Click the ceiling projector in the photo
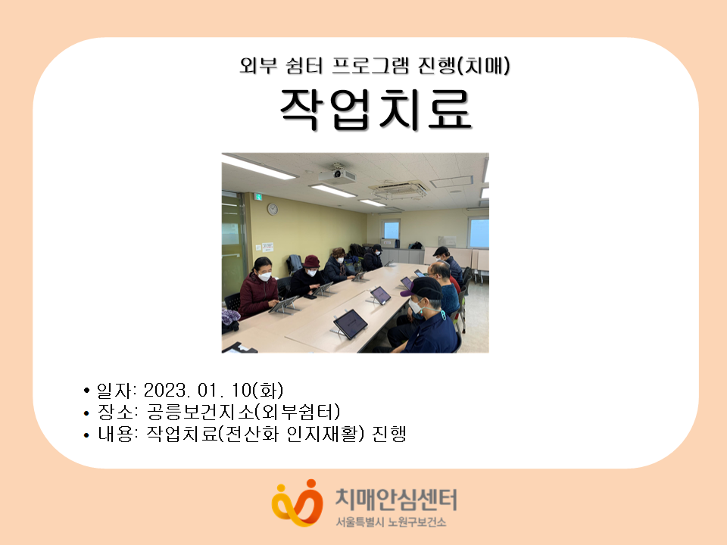click(x=337, y=173)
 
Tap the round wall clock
click(x=273, y=210)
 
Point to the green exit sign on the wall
click(x=257, y=197)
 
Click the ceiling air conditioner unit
click(x=399, y=188)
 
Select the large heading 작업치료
click(x=376, y=109)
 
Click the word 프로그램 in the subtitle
click(x=371, y=65)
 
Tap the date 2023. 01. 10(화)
click(x=214, y=391)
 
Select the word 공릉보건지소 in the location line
click(x=201, y=412)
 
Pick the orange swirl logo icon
click(x=297, y=503)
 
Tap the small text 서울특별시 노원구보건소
click(x=391, y=522)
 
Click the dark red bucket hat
click(x=311, y=262)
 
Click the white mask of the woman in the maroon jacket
click(x=264, y=277)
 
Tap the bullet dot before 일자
click(x=86, y=391)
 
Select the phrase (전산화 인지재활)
click(x=291, y=434)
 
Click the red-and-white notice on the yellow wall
click(x=267, y=247)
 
